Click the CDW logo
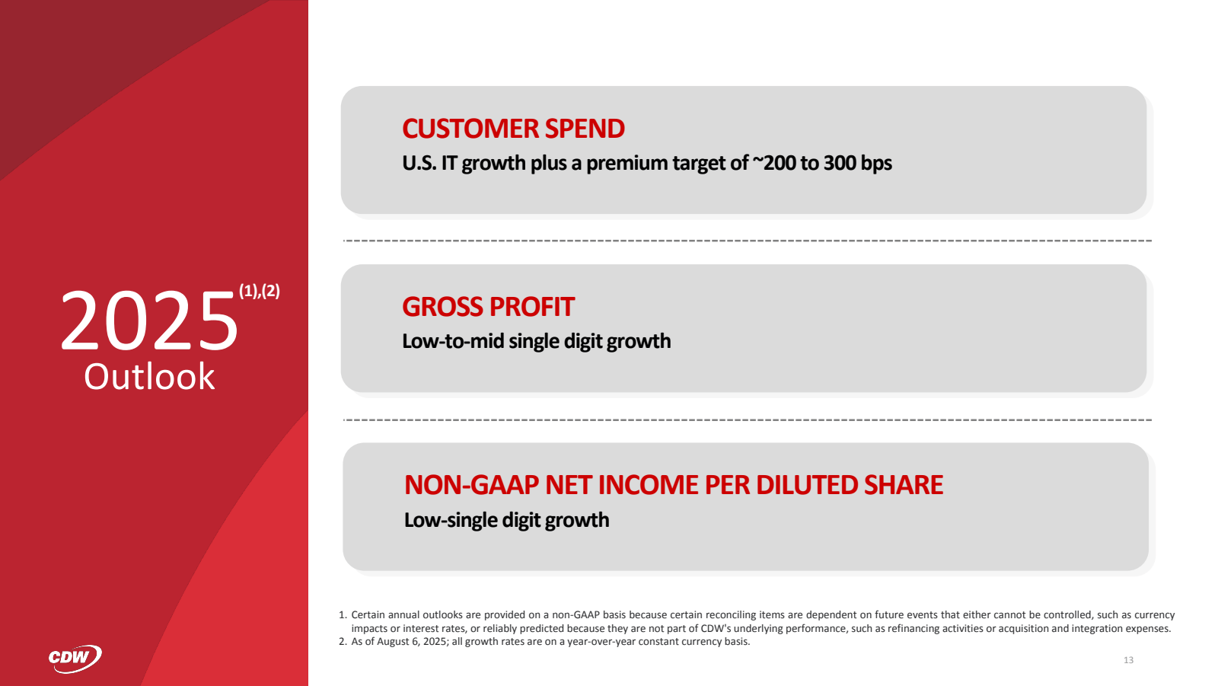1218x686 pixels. pyautogui.click(x=75, y=658)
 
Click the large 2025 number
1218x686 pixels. pyautogui.click(x=149, y=322)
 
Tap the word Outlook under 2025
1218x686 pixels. pyautogui.click(x=149, y=377)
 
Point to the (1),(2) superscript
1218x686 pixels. pyautogui.click(x=260, y=291)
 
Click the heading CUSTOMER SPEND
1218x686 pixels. pyautogui.click(x=513, y=129)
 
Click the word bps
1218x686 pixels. pyautogui.click(x=876, y=163)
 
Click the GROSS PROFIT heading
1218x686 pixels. pyautogui.click(x=488, y=307)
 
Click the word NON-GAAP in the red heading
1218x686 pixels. pyautogui.click(x=471, y=485)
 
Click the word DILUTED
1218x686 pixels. pyautogui.click(x=807, y=485)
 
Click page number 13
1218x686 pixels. pyautogui.click(x=1128, y=660)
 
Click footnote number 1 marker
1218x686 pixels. pyautogui.click(x=342, y=615)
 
